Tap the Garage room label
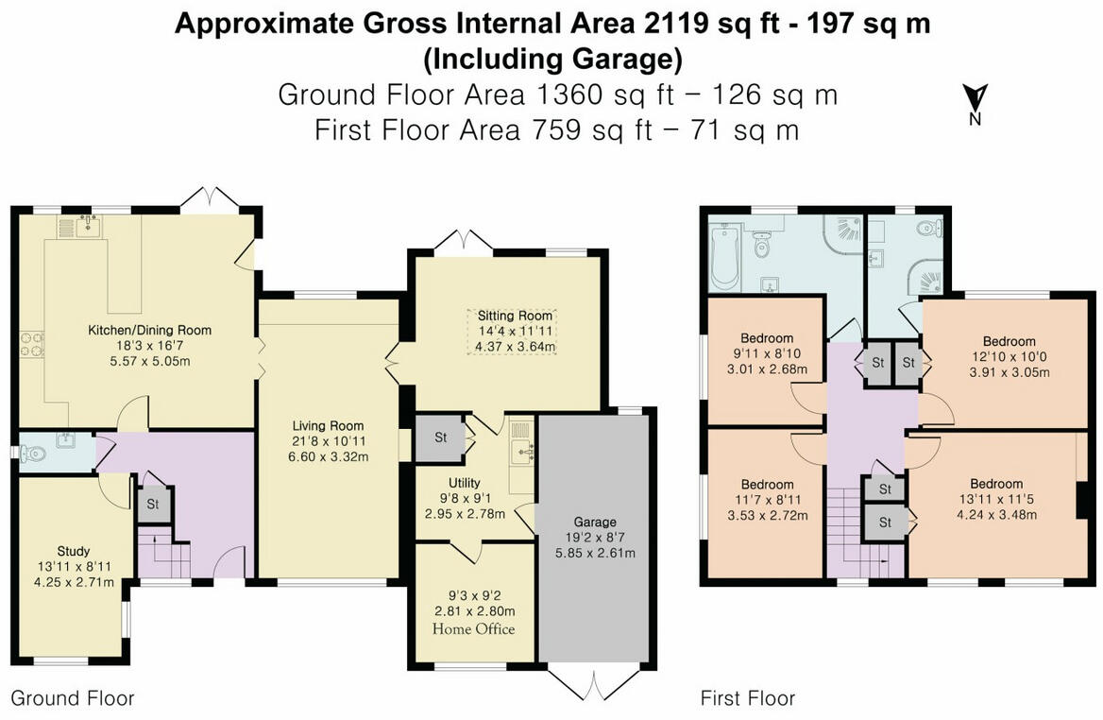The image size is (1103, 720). (x=595, y=522)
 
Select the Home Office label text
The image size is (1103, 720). (x=473, y=628)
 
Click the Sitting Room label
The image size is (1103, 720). (x=514, y=316)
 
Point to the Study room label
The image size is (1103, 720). (x=74, y=551)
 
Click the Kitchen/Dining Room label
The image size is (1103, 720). (x=149, y=330)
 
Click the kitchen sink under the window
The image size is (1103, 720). (x=90, y=226)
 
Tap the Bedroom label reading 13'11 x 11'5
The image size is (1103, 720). (x=995, y=485)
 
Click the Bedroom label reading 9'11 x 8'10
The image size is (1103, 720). (x=766, y=337)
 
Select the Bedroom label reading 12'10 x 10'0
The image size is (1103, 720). (x=1009, y=341)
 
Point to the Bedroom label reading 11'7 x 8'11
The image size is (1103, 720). (x=766, y=485)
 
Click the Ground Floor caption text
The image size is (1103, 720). (x=72, y=698)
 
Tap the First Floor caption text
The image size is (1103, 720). (x=747, y=698)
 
